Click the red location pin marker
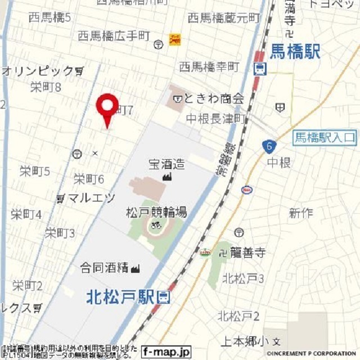point(107,107)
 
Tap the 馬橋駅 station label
point(295,52)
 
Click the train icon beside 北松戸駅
point(164,296)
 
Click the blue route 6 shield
point(269,147)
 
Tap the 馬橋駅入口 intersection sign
point(325,137)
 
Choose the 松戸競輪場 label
point(156,212)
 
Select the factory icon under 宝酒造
point(166,177)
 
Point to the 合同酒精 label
point(104,268)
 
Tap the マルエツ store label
point(90,197)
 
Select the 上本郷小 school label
point(244,341)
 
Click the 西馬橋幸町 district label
point(209,67)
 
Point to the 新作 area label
point(301,213)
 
